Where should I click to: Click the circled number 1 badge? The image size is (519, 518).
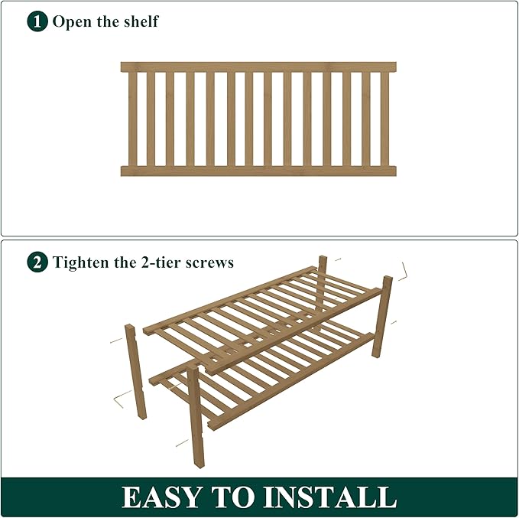coord(37,21)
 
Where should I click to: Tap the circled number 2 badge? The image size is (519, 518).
coord(37,262)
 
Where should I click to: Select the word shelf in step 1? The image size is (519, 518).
coord(141,21)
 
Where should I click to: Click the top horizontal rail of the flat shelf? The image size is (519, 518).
coord(258,67)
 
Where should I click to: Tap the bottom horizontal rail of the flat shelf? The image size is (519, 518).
coord(258,171)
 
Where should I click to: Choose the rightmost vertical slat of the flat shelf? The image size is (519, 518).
coord(384,119)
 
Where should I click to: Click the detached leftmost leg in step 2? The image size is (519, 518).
coord(136,371)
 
